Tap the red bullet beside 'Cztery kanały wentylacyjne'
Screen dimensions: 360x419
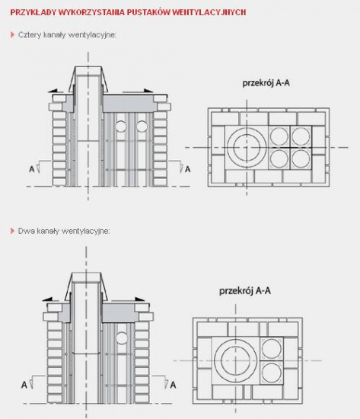12,34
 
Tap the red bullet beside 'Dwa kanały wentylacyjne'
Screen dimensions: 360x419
12,231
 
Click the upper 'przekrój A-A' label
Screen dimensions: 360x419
266,83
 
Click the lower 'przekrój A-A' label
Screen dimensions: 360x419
245,291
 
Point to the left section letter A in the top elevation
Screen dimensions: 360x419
32,169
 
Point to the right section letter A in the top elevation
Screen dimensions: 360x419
188,169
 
